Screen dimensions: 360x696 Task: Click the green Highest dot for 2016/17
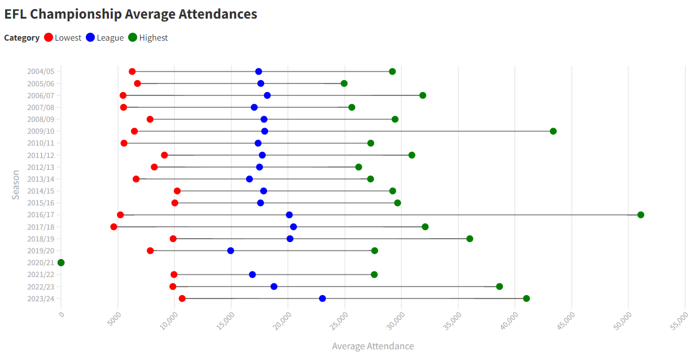pyautogui.click(x=641, y=215)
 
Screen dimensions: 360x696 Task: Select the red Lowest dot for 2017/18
pyautogui.click(x=114, y=227)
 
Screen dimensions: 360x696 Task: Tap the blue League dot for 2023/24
pyautogui.click(x=322, y=298)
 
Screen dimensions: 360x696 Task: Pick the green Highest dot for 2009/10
pyautogui.click(x=553, y=131)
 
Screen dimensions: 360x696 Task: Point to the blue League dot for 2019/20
pyautogui.click(x=230, y=251)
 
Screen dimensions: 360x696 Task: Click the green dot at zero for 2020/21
pyautogui.click(x=61, y=262)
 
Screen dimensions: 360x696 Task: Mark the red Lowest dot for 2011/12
pyautogui.click(x=164, y=155)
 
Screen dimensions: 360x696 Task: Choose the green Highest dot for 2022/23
pyautogui.click(x=500, y=287)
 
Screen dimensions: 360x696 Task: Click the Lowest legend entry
pyautogui.click(x=63, y=38)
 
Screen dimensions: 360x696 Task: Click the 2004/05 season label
pyautogui.click(x=41, y=72)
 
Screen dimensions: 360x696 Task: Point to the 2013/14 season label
pyautogui.click(x=41, y=179)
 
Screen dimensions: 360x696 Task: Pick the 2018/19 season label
pyautogui.click(x=41, y=239)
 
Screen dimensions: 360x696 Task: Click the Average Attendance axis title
pyautogui.click(x=373, y=346)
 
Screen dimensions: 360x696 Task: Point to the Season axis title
pyautogui.click(x=16, y=185)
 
